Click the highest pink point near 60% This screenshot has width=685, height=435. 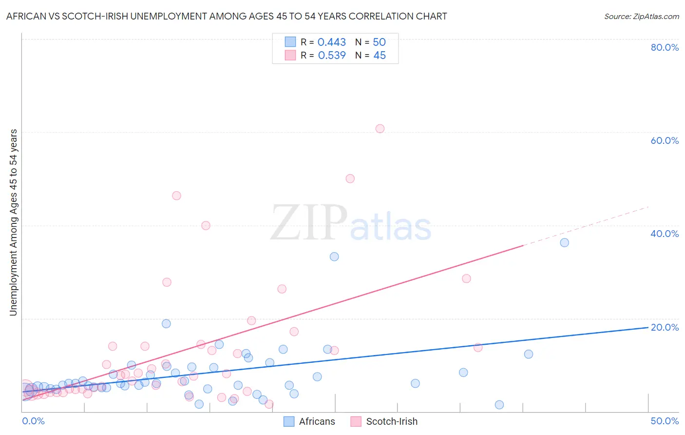click(x=380, y=129)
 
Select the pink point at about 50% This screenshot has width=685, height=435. click(x=350, y=178)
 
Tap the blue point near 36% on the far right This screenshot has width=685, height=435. click(x=564, y=242)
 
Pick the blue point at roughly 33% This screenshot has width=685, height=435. click(x=334, y=257)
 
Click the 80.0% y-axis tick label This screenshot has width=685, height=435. click(x=665, y=47)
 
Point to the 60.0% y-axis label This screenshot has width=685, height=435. click(x=665, y=140)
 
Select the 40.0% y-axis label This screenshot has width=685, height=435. click(x=665, y=234)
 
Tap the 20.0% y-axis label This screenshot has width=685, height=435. click(x=665, y=327)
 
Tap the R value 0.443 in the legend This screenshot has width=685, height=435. click(x=331, y=42)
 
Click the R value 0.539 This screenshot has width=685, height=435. click(x=331, y=55)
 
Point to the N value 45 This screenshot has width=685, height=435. click(x=380, y=55)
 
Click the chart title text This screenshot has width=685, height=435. click(x=227, y=16)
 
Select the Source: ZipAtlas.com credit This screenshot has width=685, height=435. click(x=641, y=16)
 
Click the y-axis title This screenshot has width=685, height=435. click(x=13, y=222)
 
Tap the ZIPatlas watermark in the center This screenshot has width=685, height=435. click(x=351, y=223)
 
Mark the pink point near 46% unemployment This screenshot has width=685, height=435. click(x=176, y=196)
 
